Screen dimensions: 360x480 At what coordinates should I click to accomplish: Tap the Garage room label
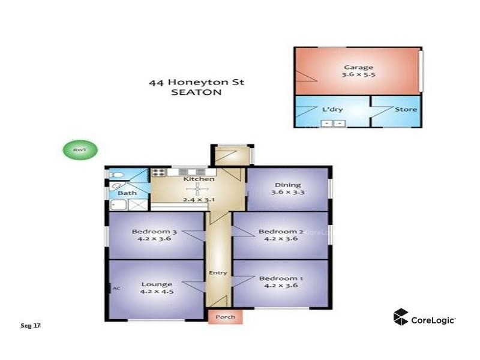(x=358, y=67)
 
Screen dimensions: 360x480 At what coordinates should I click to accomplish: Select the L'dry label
(x=332, y=110)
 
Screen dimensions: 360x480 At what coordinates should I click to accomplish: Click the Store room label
(x=405, y=110)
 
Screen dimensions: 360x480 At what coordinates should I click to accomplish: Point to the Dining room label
(x=287, y=185)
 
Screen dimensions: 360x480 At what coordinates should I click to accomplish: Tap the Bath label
(x=127, y=193)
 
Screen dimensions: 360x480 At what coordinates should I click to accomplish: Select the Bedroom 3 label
(x=154, y=232)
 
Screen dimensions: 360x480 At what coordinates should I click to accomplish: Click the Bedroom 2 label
(x=278, y=232)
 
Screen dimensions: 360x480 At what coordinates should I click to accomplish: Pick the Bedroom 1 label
(x=278, y=278)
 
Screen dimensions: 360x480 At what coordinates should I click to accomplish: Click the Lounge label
(x=157, y=284)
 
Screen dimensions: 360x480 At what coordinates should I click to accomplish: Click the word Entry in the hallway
(x=218, y=273)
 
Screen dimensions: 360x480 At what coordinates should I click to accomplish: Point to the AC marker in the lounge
(x=116, y=288)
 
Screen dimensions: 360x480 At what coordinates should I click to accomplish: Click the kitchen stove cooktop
(x=159, y=173)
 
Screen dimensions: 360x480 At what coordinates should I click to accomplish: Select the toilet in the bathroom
(x=116, y=175)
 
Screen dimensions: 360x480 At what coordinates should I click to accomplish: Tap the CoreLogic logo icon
(x=401, y=317)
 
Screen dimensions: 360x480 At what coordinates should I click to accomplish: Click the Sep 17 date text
(x=30, y=325)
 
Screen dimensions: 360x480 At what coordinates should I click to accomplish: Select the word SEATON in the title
(x=196, y=92)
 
